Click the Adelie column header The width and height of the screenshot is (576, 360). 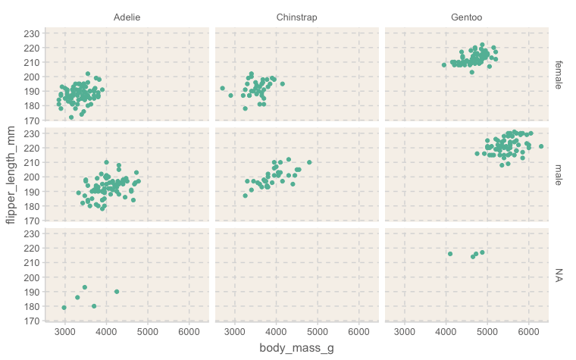click(127, 17)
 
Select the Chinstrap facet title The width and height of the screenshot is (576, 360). click(296, 17)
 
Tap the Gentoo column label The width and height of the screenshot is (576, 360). click(466, 17)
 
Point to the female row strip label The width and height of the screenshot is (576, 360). click(559, 74)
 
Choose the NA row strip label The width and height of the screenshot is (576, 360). click(559, 274)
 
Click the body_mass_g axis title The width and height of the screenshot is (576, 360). click(296, 348)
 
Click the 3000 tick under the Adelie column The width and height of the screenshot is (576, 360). click(65, 331)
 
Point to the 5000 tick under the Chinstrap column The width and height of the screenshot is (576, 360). click(318, 331)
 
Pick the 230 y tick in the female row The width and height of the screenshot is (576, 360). click(32, 33)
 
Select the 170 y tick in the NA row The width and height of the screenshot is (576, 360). click(32, 321)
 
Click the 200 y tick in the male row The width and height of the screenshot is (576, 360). click(32, 177)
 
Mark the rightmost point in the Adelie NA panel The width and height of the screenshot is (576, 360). click(117, 292)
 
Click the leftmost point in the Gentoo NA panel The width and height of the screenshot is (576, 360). click(450, 254)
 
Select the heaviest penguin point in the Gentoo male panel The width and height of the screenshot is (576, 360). click(541, 146)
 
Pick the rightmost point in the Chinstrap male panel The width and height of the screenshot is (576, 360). click(309, 162)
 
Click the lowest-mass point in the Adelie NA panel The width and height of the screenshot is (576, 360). click(64, 308)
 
